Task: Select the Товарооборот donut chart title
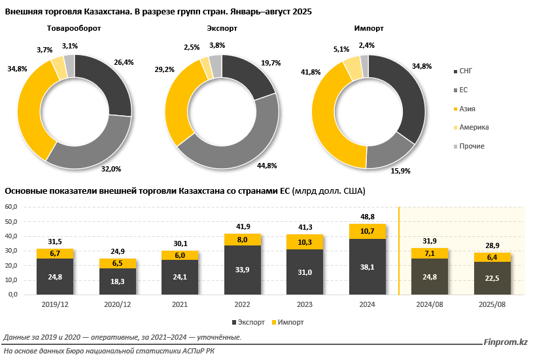[x=74, y=29]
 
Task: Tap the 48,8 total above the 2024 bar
[x=367, y=216]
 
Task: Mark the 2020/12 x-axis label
[x=117, y=304]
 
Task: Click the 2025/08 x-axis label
[x=492, y=304]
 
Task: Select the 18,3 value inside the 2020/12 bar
[x=118, y=281]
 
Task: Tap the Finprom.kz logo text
[x=506, y=342]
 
